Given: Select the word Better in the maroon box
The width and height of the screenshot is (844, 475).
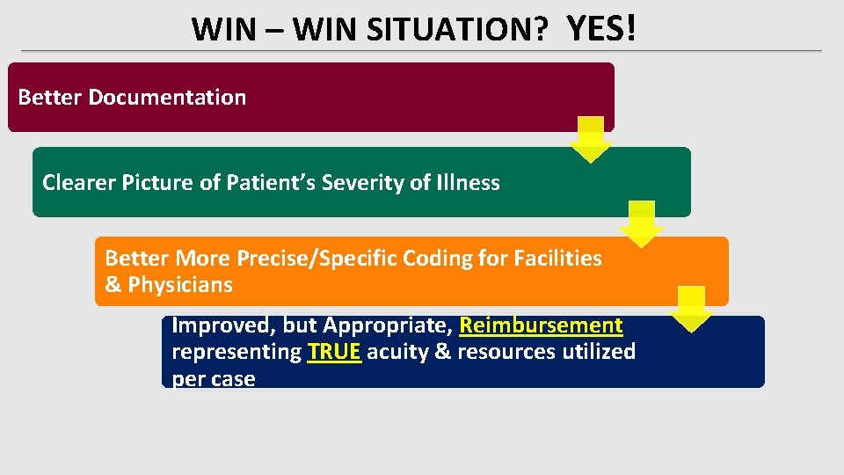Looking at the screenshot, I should pos(50,97).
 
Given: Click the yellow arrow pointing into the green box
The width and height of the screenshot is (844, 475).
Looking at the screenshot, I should pos(591,140).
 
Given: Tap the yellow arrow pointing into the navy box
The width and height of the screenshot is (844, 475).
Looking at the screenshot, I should pos(693,309).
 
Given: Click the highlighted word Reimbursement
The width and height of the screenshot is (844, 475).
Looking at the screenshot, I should pos(541,325).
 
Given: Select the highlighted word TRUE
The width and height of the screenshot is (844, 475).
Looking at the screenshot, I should pos(334,352).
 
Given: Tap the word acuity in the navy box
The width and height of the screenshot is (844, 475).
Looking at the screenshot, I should pos(396,352).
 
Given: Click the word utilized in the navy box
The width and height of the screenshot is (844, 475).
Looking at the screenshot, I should pos(597,352).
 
